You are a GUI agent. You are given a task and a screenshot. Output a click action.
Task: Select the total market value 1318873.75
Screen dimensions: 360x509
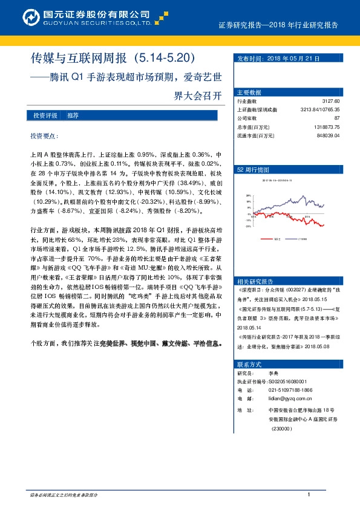click(x=327, y=128)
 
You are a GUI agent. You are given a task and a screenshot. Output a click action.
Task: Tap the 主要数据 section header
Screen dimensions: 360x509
click(x=249, y=92)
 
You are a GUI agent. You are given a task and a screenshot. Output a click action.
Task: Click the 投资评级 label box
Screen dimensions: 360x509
click(x=45, y=115)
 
